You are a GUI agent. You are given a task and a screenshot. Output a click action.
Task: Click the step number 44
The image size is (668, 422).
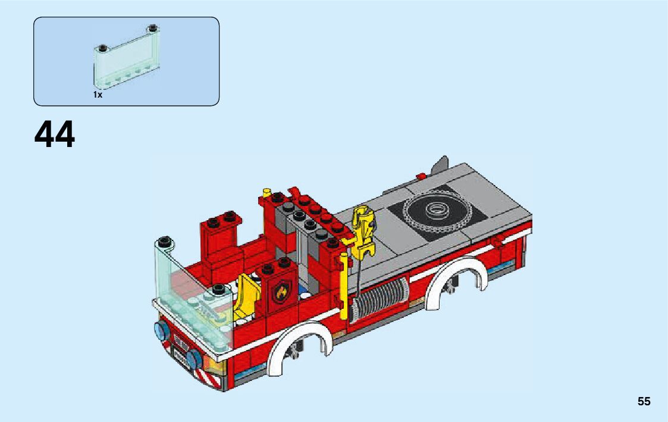55,134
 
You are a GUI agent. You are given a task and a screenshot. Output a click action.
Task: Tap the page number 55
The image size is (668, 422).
644,401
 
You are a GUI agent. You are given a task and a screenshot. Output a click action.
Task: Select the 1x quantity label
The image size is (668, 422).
98,95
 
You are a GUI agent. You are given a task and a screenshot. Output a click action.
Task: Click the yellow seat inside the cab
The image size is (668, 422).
246,296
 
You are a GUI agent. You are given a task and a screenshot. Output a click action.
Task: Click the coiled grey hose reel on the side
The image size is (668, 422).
381,298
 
